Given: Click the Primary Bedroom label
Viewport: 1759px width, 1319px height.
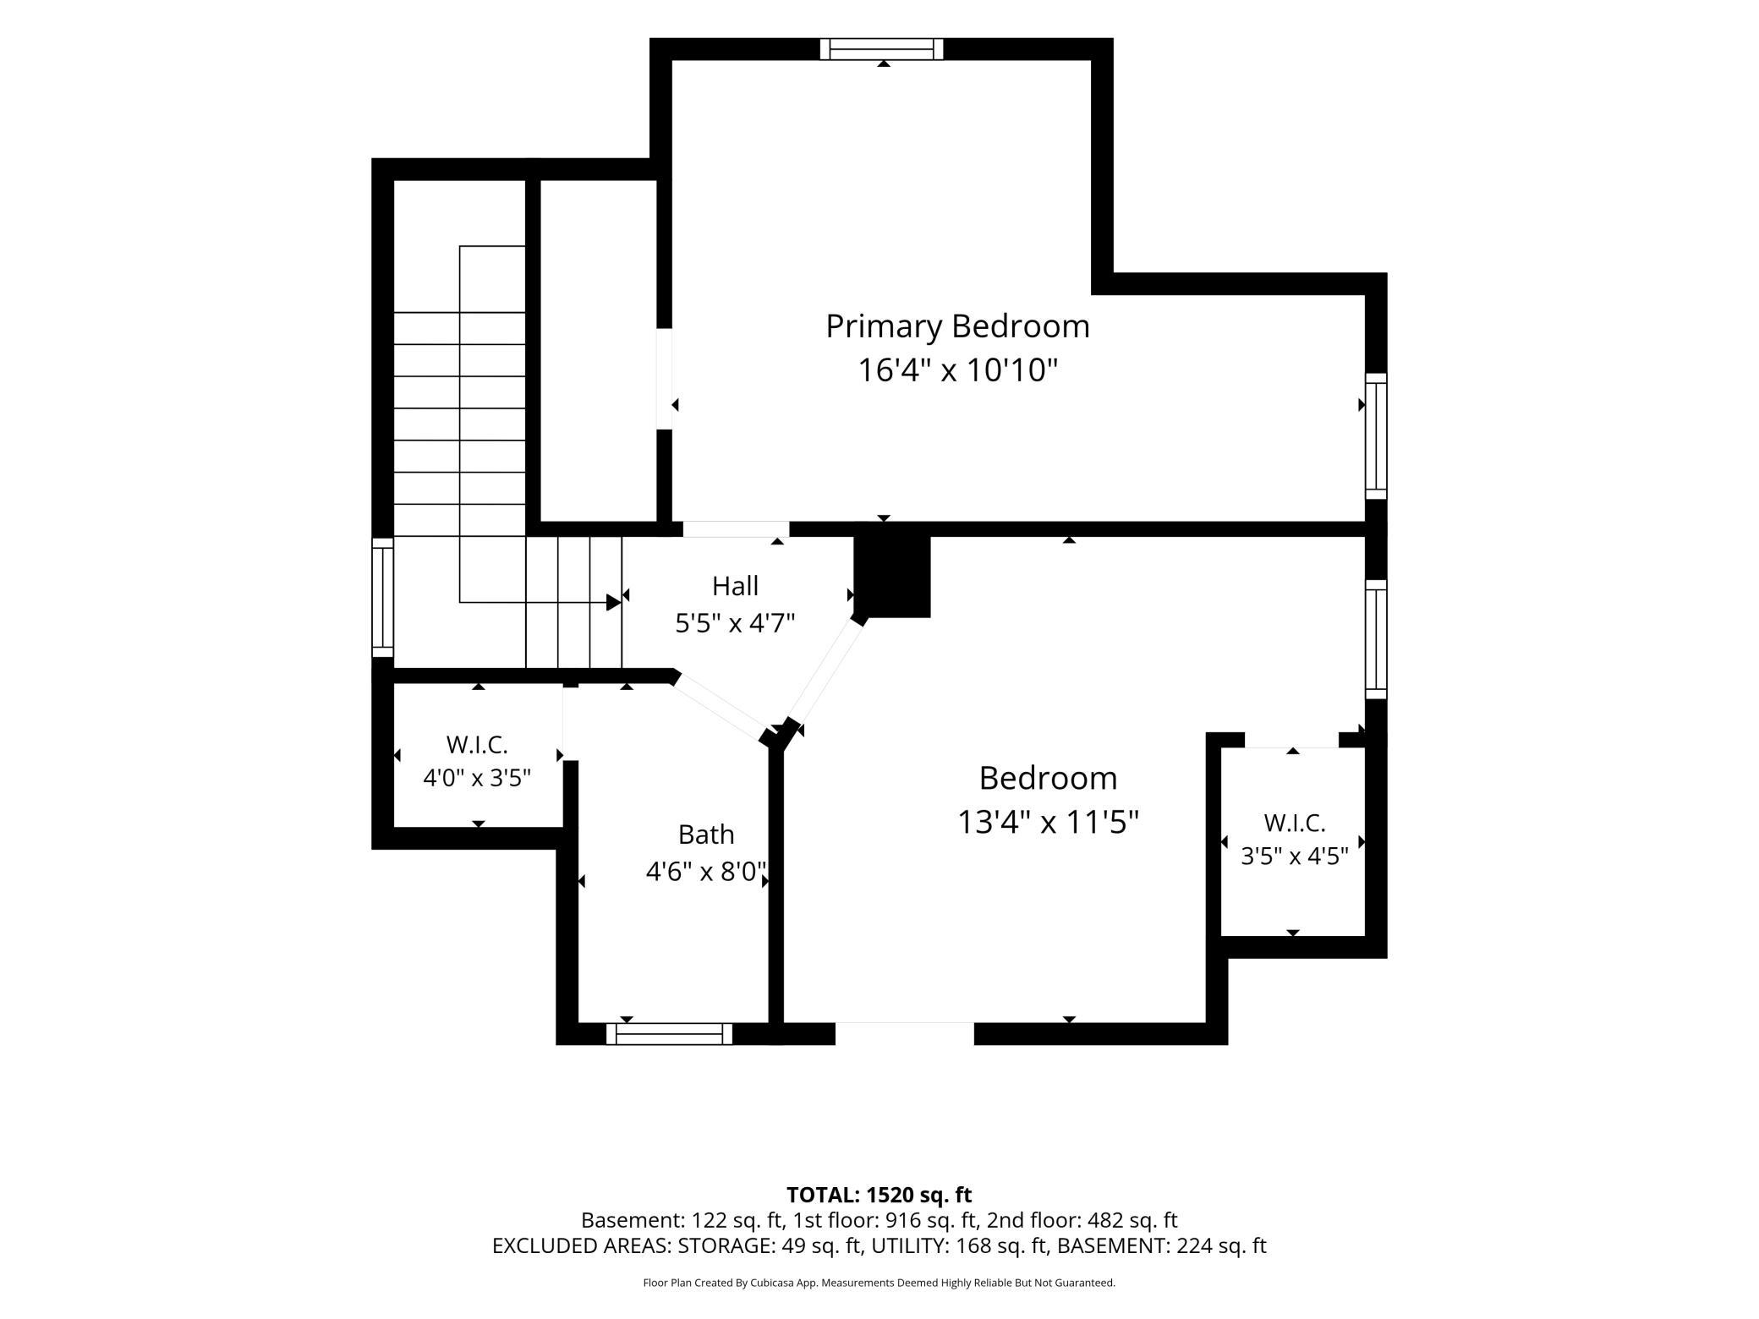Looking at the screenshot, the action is [x=957, y=326].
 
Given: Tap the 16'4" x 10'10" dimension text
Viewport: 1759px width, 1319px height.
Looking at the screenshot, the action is [x=958, y=370].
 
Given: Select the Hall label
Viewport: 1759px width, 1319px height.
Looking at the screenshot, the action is [x=735, y=586].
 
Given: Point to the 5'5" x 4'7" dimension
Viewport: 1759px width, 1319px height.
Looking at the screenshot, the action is [x=735, y=624].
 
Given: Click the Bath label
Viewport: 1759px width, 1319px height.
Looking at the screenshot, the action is [x=706, y=835].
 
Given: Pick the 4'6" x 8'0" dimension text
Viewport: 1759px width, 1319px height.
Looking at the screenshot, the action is [x=706, y=872].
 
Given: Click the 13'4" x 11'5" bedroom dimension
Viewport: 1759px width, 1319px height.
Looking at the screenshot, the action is [x=1049, y=822].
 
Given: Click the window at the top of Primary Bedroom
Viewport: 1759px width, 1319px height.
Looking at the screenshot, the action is [x=881, y=49].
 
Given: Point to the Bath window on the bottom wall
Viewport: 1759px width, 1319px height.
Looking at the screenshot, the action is [x=669, y=1033].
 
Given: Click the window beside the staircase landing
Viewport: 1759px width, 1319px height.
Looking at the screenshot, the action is [x=383, y=597].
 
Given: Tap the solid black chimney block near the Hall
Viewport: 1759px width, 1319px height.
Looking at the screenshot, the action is [x=892, y=576].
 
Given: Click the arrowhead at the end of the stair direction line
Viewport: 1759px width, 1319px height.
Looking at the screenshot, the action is [x=614, y=602].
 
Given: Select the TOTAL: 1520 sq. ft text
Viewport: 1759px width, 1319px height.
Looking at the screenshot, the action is [x=879, y=1195].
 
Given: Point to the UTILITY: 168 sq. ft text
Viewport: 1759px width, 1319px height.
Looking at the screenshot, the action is [x=960, y=1245].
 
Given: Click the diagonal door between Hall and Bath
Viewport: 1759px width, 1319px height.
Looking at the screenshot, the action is [x=720, y=705].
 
